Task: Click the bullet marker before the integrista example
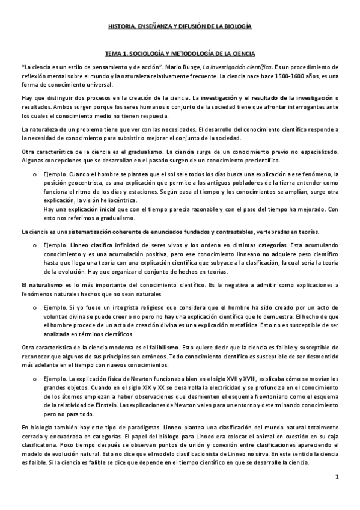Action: tap(38, 307)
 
